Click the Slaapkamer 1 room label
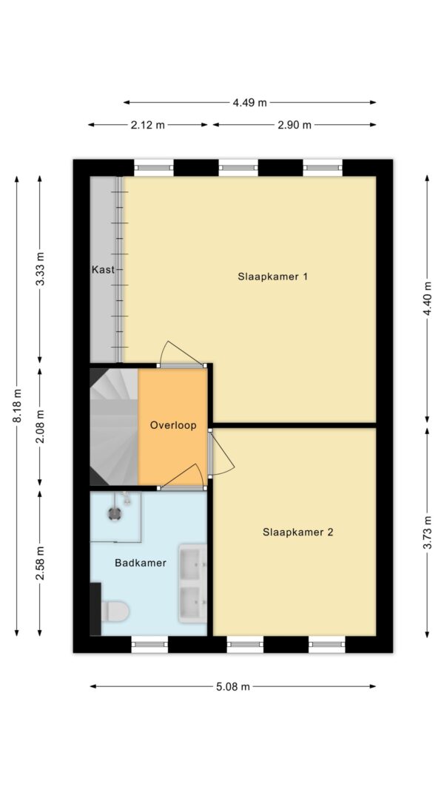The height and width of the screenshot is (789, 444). click(x=272, y=277)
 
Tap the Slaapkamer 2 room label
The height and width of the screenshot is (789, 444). click(x=297, y=532)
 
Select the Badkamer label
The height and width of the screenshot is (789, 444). click(x=141, y=563)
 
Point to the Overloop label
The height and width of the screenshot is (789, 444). click(x=173, y=425)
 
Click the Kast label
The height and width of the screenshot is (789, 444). click(x=103, y=269)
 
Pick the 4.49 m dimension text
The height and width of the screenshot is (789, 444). click(x=249, y=103)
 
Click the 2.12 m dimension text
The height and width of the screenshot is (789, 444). click(x=147, y=125)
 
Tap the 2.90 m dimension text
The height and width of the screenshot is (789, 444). click(x=295, y=125)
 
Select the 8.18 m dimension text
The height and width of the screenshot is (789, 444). click(x=16, y=405)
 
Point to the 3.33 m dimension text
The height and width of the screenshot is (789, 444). click(x=40, y=269)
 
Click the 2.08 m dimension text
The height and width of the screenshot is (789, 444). click(x=40, y=426)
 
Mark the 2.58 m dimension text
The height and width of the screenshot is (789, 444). click(x=40, y=563)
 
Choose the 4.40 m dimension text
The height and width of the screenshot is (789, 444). click(x=428, y=299)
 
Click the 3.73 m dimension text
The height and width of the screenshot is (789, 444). click(x=428, y=533)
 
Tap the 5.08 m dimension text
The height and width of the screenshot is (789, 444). click(x=233, y=687)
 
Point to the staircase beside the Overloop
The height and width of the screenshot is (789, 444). click(x=114, y=426)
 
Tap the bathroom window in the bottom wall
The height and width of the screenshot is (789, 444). click(x=149, y=645)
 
